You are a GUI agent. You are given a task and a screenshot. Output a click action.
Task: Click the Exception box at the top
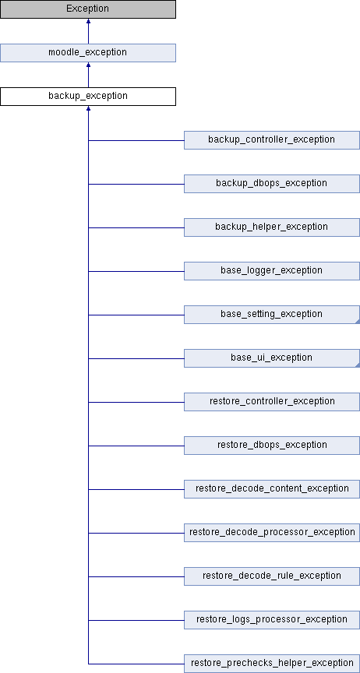(x=87, y=9)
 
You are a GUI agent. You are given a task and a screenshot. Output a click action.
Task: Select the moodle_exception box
(x=87, y=53)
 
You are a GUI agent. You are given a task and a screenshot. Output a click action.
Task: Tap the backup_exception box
(x=87, y=96)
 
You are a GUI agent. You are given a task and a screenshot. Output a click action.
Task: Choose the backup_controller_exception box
(x=271, y=140)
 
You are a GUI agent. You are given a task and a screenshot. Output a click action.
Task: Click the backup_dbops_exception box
(x=271, y=184)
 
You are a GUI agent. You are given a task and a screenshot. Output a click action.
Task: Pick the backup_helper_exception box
(x=271, y=227)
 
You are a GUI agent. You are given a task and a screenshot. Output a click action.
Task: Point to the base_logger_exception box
(x=271, y=271)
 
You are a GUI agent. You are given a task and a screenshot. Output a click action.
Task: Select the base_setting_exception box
(x=271, y=315)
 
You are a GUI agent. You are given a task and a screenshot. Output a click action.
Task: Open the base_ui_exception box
(x=271, y=358)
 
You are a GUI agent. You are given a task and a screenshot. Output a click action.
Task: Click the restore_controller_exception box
(x=271, y=402)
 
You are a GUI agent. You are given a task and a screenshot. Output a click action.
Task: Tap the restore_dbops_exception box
(x=271, y=446)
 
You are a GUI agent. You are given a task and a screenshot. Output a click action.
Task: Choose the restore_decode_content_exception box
(x=271, y=489)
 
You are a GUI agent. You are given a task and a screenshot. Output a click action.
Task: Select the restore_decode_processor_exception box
(x=271, y=533)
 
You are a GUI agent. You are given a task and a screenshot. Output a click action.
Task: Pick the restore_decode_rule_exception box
(x=271, y=576)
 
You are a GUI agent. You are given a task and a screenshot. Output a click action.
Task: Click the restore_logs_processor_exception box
(x=271, y=620)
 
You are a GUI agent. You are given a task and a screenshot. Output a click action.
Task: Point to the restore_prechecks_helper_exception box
(x=271, y=664)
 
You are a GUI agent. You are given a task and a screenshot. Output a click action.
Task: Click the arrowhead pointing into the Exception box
(x=88, y=21)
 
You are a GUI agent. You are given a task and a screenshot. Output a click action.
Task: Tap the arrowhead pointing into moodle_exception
(x=88, y=65)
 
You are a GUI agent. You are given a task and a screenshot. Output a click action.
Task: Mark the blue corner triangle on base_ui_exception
(x=357, y=365)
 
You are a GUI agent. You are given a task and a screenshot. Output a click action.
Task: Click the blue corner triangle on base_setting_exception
(x=357, y=321)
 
